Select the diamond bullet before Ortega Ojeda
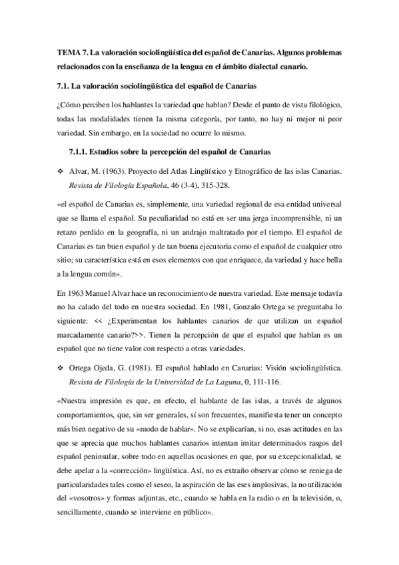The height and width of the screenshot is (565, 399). [x=60, y=368]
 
